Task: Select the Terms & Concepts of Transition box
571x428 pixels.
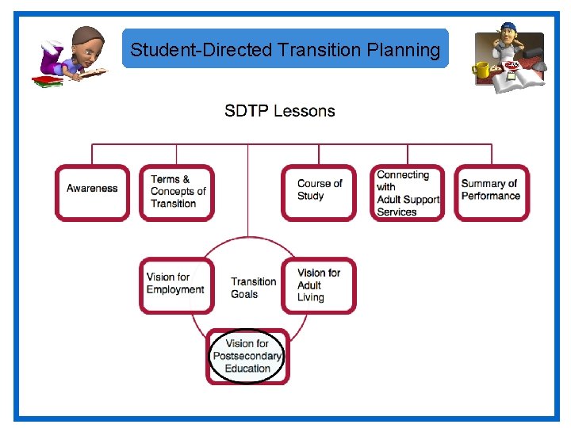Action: click(x=177, y=191)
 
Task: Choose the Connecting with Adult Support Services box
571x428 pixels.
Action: click(x=408, y=193)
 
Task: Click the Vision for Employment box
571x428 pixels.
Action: click(x=175, y=283)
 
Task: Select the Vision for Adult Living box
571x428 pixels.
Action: click(x=319, y=285)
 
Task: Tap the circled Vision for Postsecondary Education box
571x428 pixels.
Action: click(x=247, y=356)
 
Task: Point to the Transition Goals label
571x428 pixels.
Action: click(x=254, y=288)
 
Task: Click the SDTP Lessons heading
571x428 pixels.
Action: click(x=279, y=111)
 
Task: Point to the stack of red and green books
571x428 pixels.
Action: click(x=47, y=81)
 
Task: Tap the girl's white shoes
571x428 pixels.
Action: click(x=48, y=49)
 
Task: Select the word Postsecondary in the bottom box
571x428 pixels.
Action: click(x=247, y=356)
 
